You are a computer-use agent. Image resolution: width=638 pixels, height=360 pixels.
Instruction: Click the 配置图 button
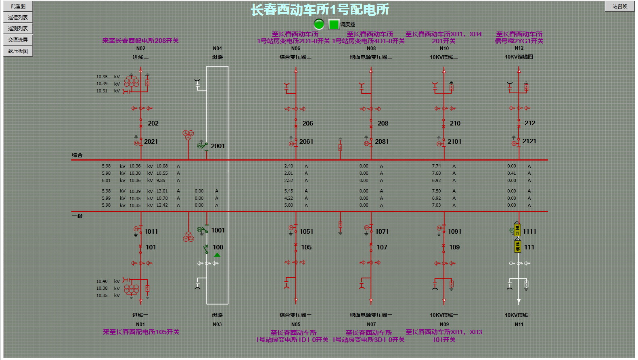coord(18,6)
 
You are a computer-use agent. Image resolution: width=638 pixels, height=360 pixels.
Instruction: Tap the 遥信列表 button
coord(18,17)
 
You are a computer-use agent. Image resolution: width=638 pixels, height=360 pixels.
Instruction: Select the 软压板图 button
coord(18,51)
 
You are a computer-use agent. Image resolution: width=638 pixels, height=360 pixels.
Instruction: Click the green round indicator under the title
coord(319,24)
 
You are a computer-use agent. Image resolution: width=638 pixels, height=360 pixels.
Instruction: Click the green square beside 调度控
coord(334,24)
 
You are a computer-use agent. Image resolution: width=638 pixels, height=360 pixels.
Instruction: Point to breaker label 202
coord(153,123)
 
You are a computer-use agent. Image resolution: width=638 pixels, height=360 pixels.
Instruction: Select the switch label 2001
coord(218,146)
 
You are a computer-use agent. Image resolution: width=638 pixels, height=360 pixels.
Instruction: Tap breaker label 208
coord(383,123)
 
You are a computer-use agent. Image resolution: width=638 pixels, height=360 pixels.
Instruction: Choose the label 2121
coord(529,141)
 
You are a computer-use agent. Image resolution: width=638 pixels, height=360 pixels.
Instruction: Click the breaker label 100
coord(218,247)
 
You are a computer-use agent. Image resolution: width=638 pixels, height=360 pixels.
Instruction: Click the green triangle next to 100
coord(217,255)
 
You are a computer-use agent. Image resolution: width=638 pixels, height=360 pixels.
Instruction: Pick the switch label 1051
coord(306,232)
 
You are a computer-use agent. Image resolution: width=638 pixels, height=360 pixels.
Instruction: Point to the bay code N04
coord(218,48)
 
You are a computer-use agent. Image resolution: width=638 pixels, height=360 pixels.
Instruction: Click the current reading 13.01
coord(162,191)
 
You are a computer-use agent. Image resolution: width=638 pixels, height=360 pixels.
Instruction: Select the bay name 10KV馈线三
coord(519,315)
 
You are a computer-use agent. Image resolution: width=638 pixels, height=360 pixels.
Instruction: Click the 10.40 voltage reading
coord(102,282)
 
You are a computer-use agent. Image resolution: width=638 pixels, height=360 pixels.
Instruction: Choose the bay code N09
coord(444,324)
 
